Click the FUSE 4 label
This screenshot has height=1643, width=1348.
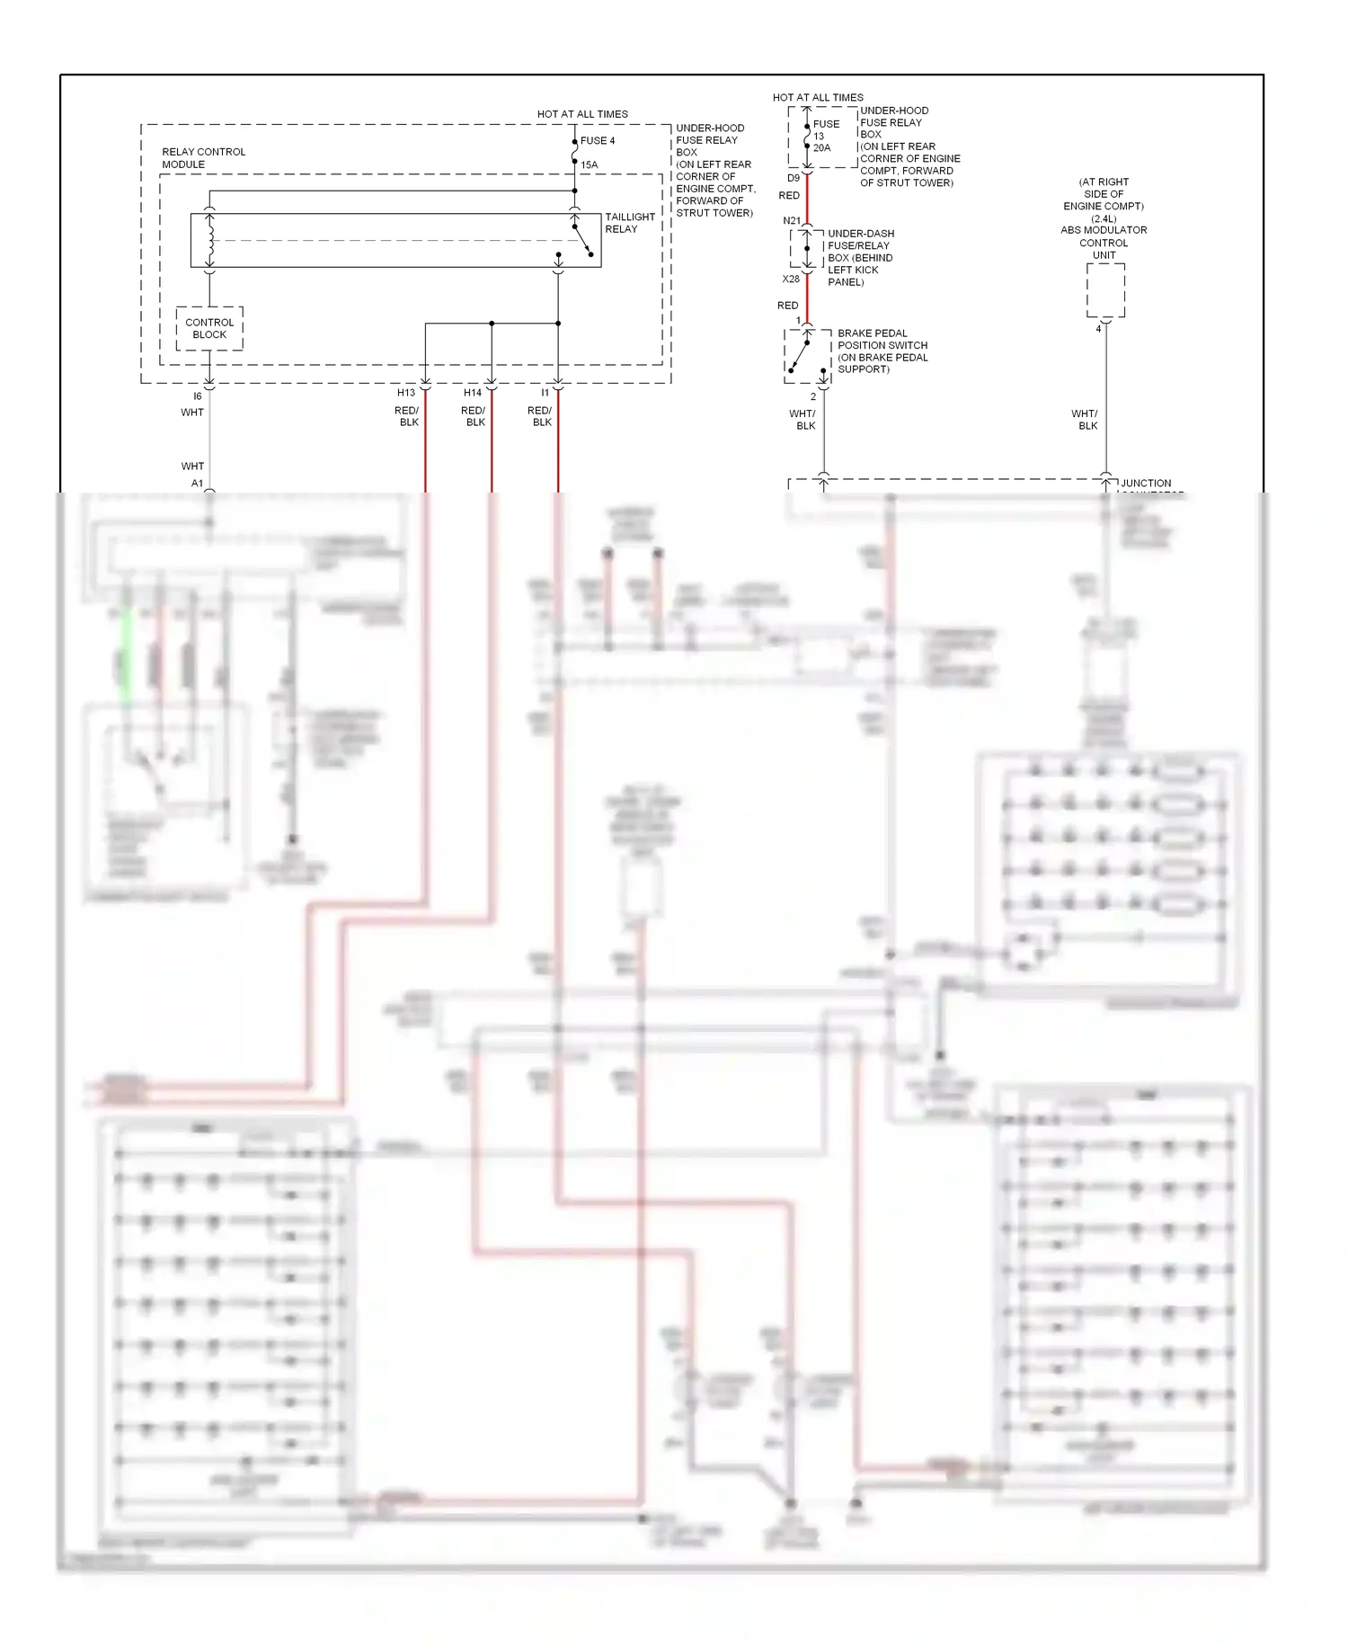click(x=598, y=140)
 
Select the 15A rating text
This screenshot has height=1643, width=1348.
click(x=589, y=164)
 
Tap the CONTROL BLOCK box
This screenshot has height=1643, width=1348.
click(x=209, y=328)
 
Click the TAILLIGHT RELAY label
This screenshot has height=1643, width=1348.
click(x=629, y=223)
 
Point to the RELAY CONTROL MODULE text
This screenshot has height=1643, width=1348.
click(x=203, y=157)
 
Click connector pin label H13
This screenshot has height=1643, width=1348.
click(x=406, y=393)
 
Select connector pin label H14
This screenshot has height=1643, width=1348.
click(x=473, y=393)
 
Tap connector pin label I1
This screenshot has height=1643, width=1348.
click(x=545, y=393)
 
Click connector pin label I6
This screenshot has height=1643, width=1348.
click(x=198, y=396)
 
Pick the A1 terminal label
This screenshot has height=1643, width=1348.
click(x=197, y=484)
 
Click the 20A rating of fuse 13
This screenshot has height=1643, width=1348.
click(x=822, y=148)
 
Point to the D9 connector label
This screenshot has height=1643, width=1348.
click(x=794, y=178)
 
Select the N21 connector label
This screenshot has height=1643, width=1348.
click(x=791, y=221)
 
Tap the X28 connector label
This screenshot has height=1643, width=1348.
click(x=791, y=279)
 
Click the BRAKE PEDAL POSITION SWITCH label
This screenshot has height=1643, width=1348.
click(x=882, y=351)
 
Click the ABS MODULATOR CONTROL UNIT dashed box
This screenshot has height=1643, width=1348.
click(x=1105, y=289)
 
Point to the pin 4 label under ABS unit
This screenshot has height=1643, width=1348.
click(x=1098, y=329)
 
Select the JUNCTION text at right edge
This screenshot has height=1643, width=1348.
click(x=1146, y=483)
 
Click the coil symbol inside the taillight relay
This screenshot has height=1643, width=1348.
click(x=210, y=240)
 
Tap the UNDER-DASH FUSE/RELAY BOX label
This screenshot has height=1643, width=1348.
click(x=860, y=257)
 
